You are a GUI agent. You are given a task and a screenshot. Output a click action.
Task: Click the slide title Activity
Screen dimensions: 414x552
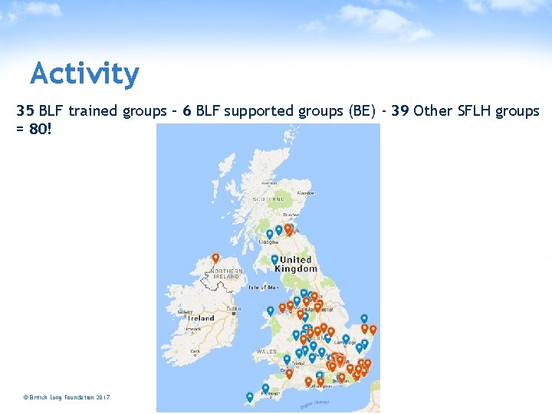pos(84,74)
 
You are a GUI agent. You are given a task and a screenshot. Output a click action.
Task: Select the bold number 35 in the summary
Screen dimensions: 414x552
pos(25,110)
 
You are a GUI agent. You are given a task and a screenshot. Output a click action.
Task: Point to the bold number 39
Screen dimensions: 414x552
pos(399,110)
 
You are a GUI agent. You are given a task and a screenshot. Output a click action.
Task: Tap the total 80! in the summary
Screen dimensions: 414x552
pos(40,129)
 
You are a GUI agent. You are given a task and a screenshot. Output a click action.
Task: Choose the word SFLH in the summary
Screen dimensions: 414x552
pos(474,110)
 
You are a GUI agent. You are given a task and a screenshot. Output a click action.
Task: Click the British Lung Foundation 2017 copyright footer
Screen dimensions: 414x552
pos(67,397)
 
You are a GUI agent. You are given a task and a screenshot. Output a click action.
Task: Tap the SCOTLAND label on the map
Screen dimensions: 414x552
pos(269,199)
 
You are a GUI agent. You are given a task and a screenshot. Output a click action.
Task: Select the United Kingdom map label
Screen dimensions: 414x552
pos(297,264)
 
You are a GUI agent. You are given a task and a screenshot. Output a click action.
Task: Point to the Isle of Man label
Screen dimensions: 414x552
pos(264,287)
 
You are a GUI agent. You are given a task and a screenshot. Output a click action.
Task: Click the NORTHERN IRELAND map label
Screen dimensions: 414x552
pos(227,274)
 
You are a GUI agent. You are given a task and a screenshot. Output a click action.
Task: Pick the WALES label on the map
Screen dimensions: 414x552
pos(267,351)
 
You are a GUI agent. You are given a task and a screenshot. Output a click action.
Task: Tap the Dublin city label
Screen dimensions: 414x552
pos(233,310)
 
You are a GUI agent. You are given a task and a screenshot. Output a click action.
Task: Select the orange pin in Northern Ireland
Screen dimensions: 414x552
pos(215,258)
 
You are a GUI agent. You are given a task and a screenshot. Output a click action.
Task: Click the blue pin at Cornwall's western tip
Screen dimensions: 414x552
pos(249,397)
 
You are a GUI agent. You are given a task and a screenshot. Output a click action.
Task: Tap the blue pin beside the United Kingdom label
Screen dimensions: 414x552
pos(274,260)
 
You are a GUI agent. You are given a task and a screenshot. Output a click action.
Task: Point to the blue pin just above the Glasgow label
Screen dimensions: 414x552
pos(269,234)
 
